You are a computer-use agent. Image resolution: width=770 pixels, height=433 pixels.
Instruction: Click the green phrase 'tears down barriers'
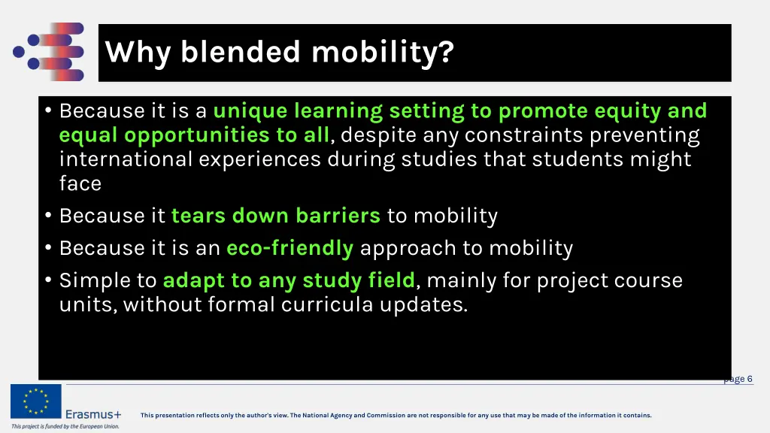click(275, 216)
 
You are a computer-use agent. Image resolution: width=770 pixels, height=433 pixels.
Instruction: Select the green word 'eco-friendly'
click(290, 248)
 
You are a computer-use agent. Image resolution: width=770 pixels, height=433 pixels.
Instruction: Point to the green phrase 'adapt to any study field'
click(289, 280)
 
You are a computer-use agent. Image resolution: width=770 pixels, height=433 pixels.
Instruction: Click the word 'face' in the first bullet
click(80, 183)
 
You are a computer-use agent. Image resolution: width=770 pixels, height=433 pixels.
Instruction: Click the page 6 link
click(738, 379)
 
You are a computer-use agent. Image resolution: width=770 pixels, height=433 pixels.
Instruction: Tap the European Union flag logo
click(35, 401)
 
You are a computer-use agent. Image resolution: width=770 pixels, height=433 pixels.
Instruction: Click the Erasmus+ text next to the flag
click(93, 414)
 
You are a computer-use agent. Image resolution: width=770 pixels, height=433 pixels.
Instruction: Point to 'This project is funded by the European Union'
click(65, 426)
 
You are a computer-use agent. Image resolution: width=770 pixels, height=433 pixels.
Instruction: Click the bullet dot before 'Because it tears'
click(48, 216)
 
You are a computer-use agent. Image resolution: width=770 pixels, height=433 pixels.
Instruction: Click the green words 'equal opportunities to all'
click(194, 135)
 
